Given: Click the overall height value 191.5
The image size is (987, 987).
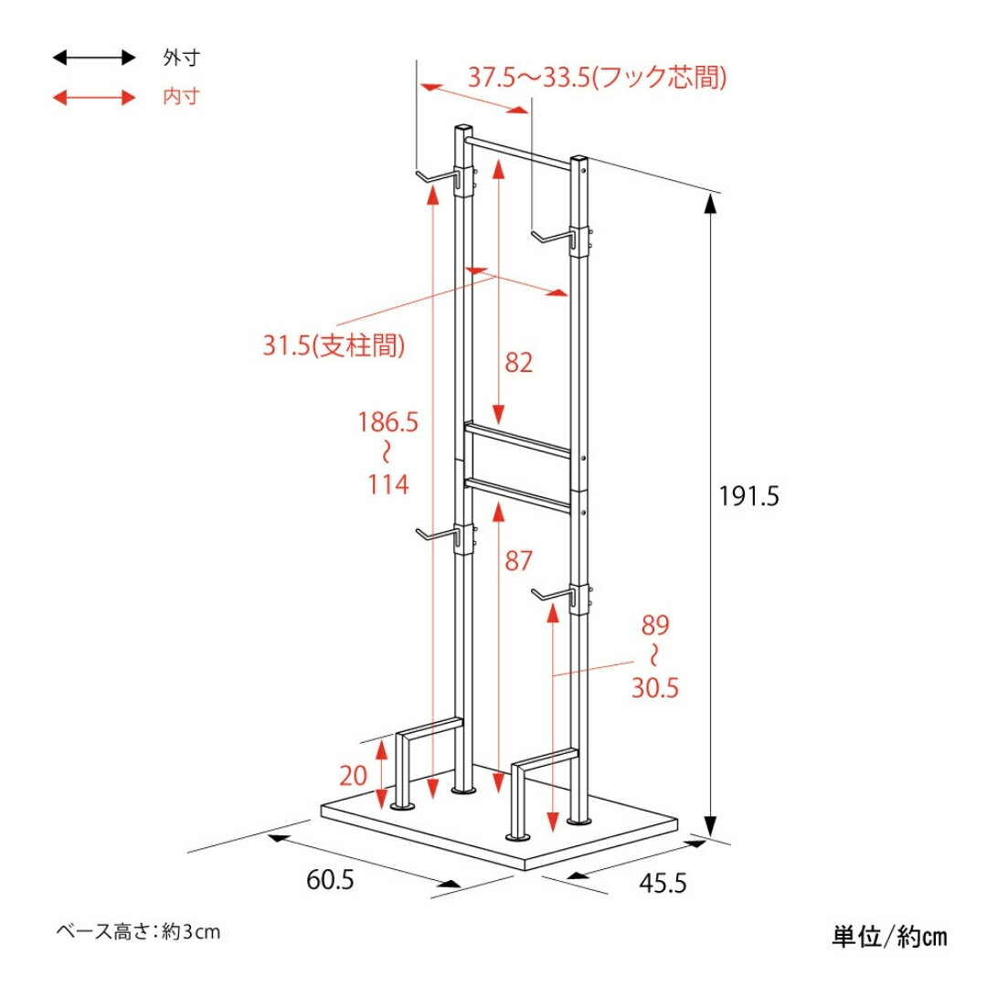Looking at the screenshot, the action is (749, 496).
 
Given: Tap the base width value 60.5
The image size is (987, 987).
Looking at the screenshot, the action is (330, 879).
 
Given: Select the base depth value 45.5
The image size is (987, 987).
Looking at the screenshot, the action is (663, 883).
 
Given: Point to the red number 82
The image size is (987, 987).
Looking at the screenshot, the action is (519, 363).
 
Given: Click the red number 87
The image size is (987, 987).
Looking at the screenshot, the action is (519, 560).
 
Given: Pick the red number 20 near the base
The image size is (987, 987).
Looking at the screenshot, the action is (353, 776).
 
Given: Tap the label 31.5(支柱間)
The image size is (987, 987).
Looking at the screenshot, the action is (334, 345).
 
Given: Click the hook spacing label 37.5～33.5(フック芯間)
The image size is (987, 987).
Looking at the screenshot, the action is (597, 78).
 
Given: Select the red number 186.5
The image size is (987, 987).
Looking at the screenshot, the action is (387, 421).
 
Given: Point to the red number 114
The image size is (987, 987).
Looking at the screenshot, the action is (387, 484).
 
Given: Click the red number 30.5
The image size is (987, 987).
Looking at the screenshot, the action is (654, 687).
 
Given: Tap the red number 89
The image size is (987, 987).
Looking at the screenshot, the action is (655, 625).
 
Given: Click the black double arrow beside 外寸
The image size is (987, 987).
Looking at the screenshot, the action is (94, 58).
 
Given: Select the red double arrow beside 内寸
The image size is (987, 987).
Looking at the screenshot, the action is (94, 98).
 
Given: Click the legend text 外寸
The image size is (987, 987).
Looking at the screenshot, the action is (181, 58).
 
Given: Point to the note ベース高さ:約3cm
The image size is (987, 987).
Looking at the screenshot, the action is (139, 931).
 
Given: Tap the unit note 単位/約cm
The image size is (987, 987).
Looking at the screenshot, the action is (889, 937).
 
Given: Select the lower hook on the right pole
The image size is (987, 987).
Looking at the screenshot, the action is (554, 597).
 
